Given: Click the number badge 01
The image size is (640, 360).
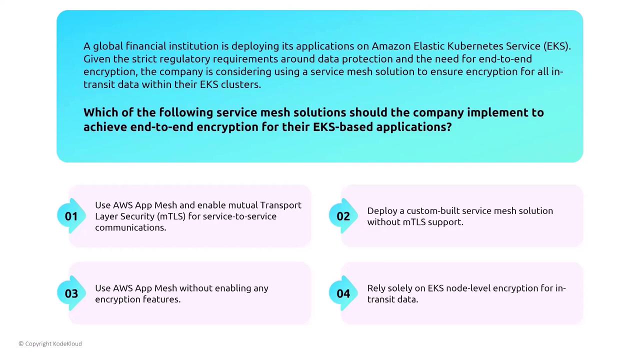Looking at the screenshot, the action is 71,216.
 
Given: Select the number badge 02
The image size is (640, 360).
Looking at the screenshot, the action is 343,216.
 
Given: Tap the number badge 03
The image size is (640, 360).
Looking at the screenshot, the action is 71,293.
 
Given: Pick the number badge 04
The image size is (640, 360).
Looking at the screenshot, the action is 343,293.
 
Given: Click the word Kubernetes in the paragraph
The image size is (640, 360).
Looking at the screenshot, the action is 475,46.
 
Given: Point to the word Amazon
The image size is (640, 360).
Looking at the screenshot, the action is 391,46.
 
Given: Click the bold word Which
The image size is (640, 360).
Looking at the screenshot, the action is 101,112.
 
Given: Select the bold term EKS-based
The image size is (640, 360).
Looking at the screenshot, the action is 343,127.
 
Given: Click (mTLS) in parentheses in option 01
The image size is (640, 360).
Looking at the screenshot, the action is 171,216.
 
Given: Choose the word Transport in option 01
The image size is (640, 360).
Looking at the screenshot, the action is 280,205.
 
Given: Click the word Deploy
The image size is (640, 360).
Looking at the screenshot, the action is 381,211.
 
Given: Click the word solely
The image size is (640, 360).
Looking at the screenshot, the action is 397,288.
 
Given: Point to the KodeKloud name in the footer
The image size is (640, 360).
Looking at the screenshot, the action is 67,343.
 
